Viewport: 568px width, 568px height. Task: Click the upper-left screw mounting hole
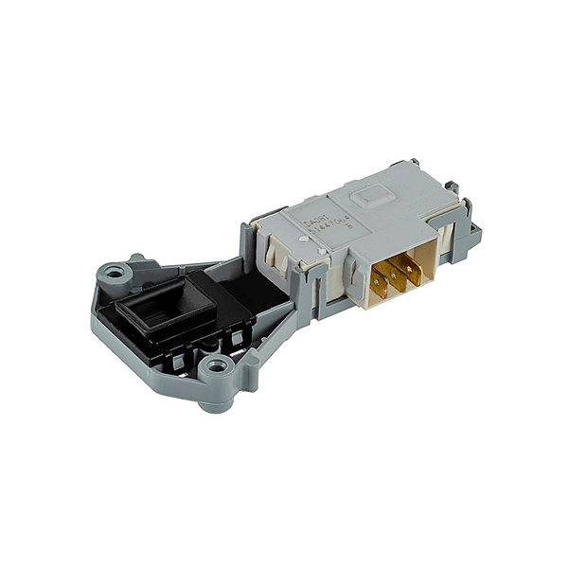(x=115, y=275)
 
